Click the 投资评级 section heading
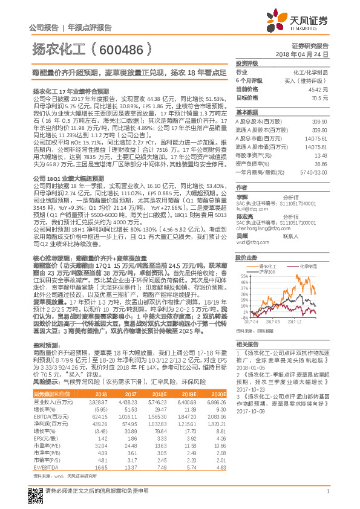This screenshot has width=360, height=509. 247,63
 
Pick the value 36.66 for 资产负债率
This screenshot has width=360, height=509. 321,163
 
